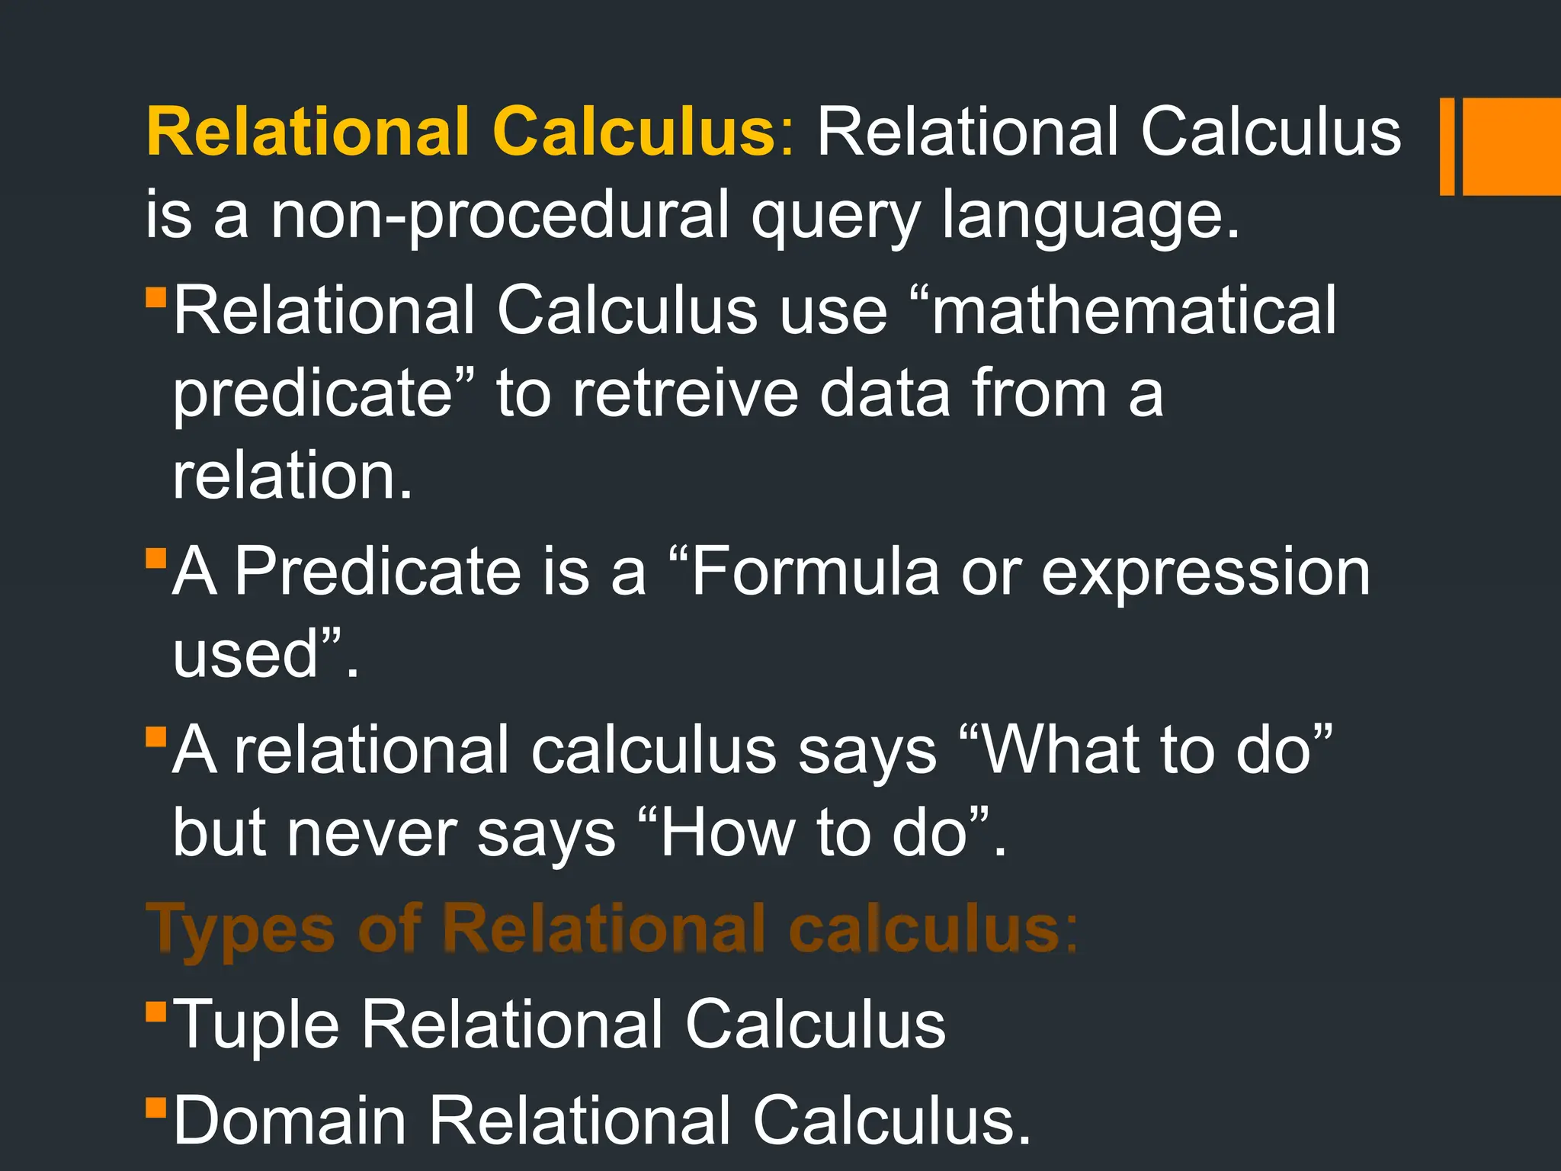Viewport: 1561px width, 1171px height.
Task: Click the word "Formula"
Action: [815, 572]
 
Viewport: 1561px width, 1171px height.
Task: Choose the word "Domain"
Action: [290, 1121]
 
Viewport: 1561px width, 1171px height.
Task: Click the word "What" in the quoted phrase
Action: [1059, 751]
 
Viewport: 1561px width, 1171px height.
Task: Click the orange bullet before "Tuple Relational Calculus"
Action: [155, 1011]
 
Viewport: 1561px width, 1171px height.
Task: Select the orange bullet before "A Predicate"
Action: [155, 558]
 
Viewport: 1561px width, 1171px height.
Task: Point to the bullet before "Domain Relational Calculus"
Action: [155, 1107]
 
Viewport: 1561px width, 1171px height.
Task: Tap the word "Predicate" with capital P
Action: [377, 572]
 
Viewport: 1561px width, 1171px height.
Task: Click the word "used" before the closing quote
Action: [245, 654]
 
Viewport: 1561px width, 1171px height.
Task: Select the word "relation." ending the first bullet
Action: [293, 476]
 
